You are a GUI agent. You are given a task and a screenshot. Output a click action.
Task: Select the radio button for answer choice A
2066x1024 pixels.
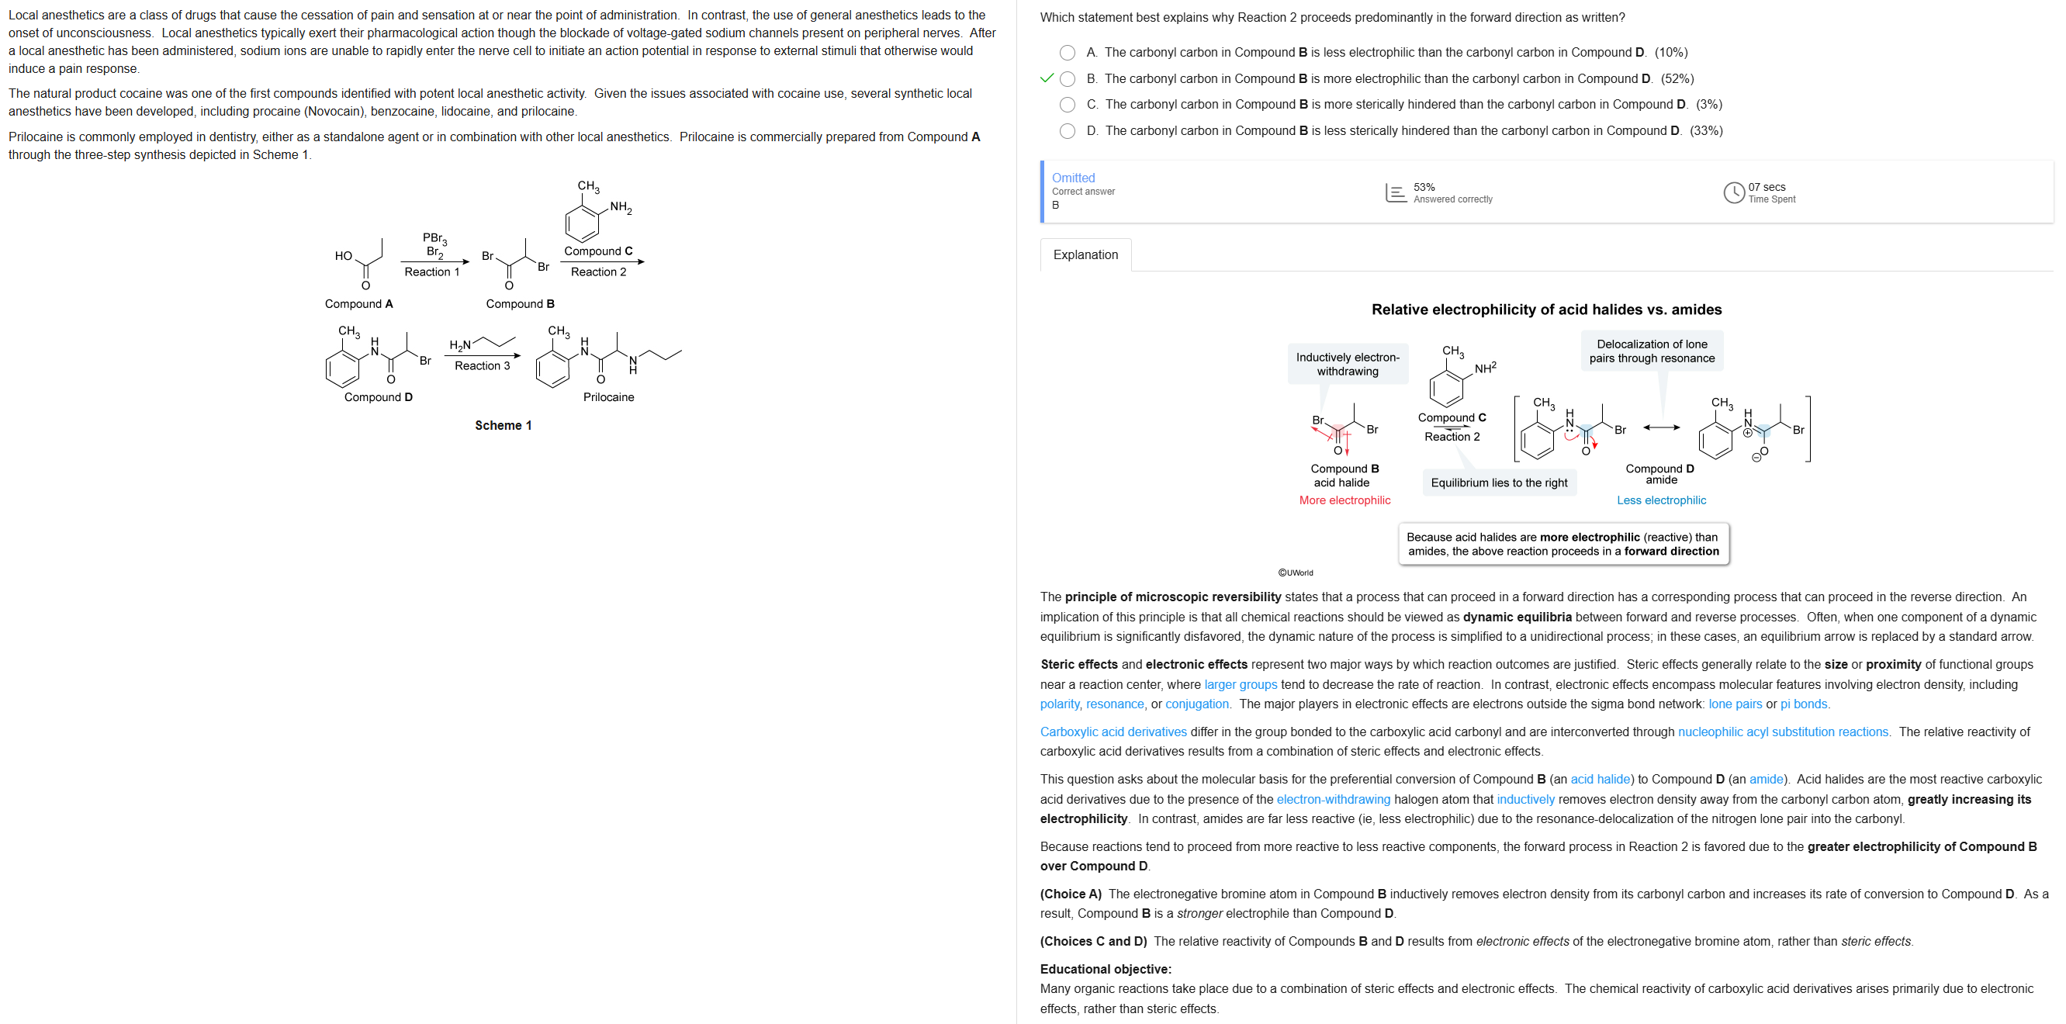pyautogui.click(x=1067, y=53)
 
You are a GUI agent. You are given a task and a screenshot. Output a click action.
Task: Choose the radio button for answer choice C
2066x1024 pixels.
pyautogui.click(x=1067, y=105)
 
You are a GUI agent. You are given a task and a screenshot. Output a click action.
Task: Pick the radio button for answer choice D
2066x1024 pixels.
pyautogui.click(x=1067, y=130)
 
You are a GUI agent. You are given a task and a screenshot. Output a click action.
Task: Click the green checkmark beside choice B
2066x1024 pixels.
pyautogui.click(x=1046, y=78)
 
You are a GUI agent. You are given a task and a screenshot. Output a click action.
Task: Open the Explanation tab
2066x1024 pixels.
pyautogui.click(x=1085, y=255)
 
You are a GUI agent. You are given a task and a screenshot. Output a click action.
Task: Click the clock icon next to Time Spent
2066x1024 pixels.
pyautogui.click(x=1733, y=192)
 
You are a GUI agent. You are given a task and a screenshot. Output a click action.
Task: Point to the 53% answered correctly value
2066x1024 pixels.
pyautogui.click(x=1424, y=187)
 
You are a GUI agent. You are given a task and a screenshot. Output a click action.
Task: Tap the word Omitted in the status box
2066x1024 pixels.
pyautogui.click(x=1072, y=178)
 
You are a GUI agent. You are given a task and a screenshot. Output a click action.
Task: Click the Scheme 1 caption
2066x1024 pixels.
pyautogui.click(x=503, y=426)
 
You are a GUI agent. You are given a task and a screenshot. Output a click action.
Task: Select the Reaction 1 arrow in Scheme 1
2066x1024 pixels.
pyautogui.click(x=434, y=261)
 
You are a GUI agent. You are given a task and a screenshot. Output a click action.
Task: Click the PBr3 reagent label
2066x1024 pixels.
pyautogui.click(x=434, y=238)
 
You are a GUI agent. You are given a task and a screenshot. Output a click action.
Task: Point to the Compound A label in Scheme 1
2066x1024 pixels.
pyautogui.click(x=358, y=304)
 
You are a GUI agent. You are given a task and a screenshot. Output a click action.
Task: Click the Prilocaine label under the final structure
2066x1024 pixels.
pyautogui.click(x=608, y=397)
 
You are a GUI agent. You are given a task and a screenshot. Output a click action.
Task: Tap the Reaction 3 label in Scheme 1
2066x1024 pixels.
pyautogui.click(x=482, y=365)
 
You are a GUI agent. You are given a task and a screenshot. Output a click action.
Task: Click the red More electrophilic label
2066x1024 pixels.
pyautogui.click(x=1344, y=500)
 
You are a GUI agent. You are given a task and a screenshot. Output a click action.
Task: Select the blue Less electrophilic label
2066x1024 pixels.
pyautogui.click(x=1661, y=500)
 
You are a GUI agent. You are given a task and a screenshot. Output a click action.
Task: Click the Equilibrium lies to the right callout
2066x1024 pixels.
pyautogui.click(x=1498, y=483)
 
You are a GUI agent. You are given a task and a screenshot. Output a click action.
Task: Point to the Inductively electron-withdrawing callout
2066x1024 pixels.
pyautogui.click(x=1348, y=364)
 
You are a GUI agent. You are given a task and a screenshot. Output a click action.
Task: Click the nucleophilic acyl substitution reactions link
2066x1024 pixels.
pyautogui.click(x=1782, y=732)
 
